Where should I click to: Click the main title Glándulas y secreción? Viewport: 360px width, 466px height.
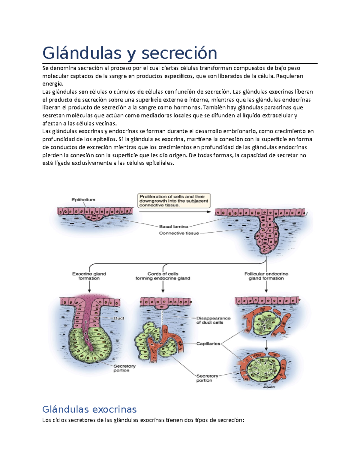[x=130, y=53]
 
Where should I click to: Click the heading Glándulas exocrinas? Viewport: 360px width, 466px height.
[x=89, y=409]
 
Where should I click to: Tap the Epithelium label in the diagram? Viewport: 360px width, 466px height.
[x=83, y=200]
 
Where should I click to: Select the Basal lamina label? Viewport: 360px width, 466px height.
[x=173, y=227]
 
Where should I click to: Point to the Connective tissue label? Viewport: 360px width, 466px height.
[x=179, y=233]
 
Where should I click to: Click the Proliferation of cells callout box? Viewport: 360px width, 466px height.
[x=174, y=201]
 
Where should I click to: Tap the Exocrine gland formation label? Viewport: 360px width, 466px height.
[x=89, y=276]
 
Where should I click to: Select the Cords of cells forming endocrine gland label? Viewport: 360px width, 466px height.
[x=163, y=276]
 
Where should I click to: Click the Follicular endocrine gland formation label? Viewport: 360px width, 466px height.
[x=266, y=276]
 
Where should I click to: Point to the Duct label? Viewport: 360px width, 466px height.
[x=119, y=318]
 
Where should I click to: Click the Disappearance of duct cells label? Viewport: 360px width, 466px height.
[x=213, y=320]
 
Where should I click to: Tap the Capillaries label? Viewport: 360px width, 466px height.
[x=208, y=344]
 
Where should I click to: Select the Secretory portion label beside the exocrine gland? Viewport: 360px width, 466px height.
[x=124, y=368]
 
